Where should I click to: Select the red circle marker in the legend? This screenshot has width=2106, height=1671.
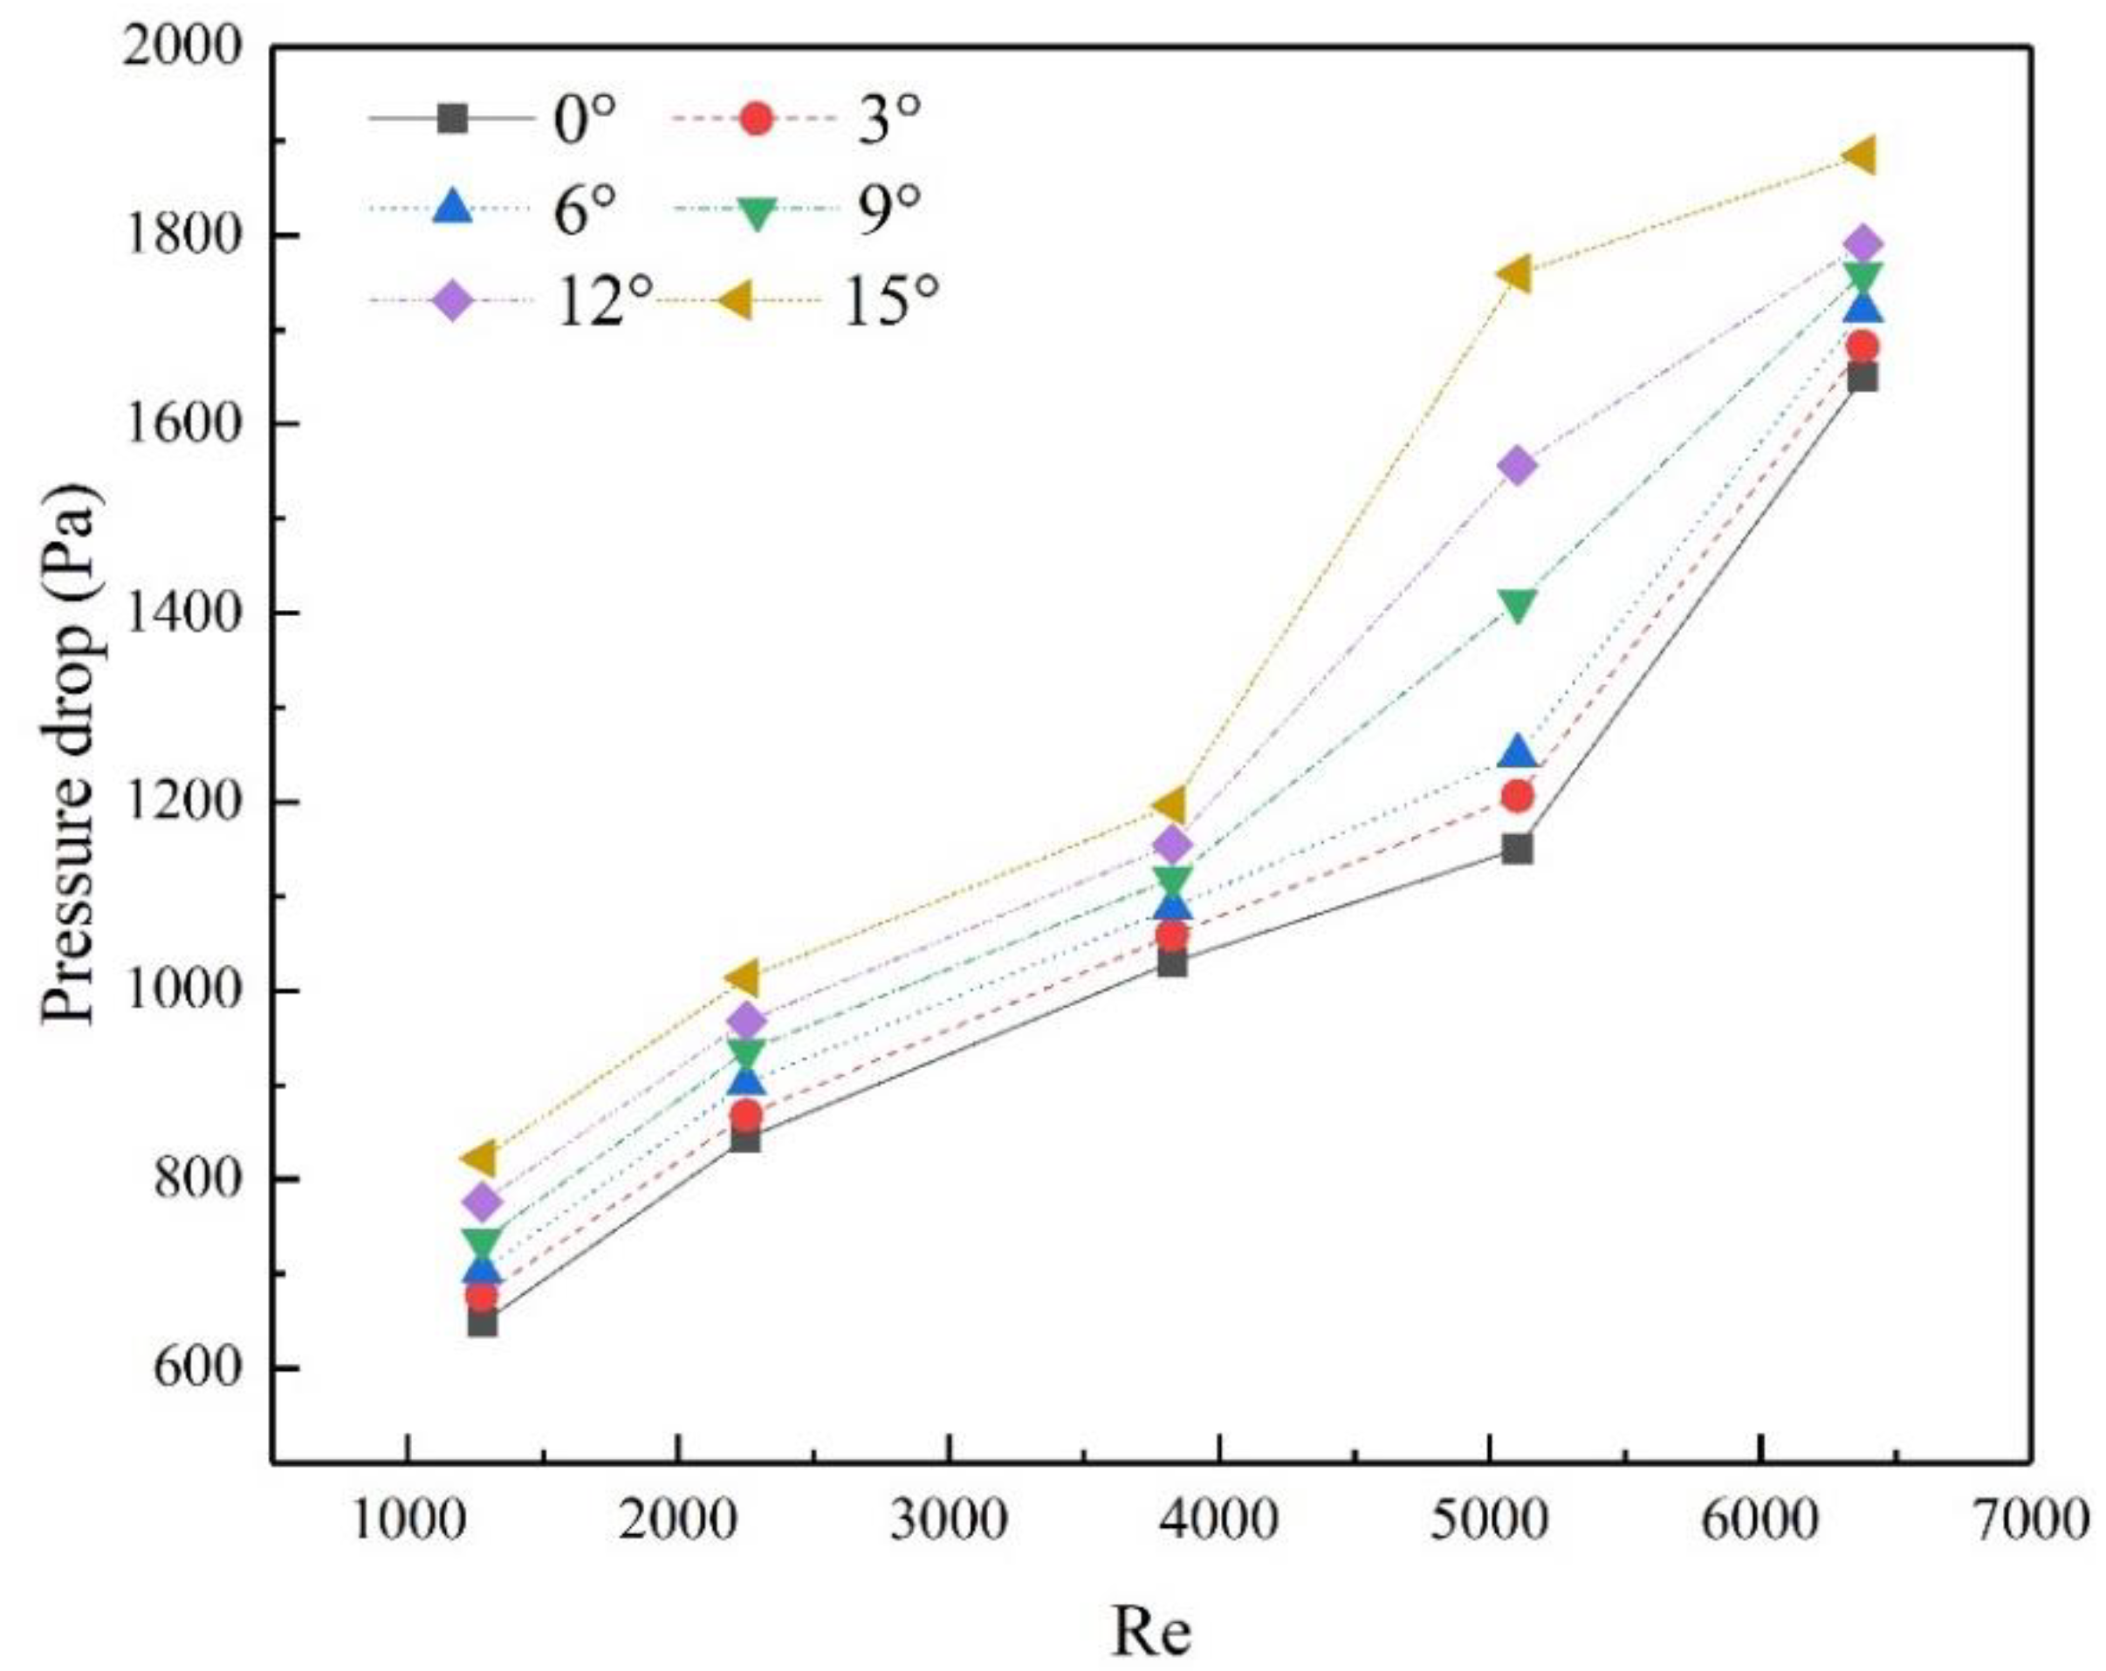pyautogui.click(x=756, y=120)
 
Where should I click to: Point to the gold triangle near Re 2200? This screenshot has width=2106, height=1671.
pyautogui.click(x=744, y=976)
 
